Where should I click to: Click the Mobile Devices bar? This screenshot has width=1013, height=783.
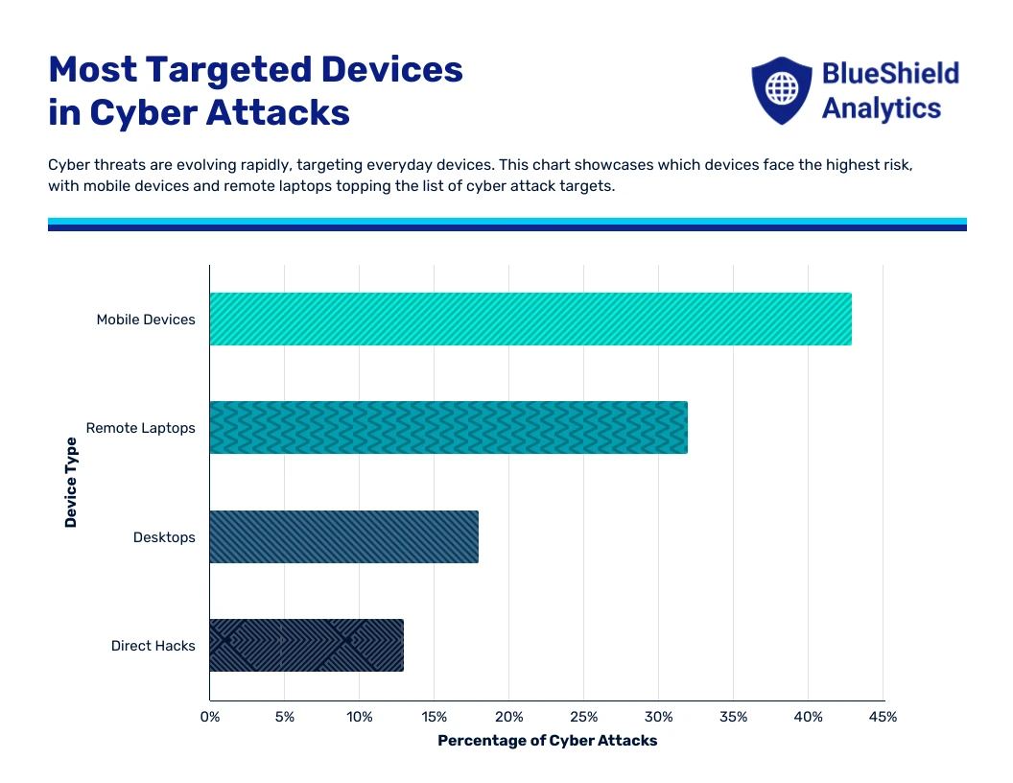pyautogui.click(x=530, y=319)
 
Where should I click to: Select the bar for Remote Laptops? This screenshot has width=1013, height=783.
pyautogui.click(x=448, y=428)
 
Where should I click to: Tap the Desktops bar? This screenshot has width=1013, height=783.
pyautogui.click(x=343, y=537)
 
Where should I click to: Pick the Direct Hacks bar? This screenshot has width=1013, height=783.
pyautogui.click(x=306, y=646)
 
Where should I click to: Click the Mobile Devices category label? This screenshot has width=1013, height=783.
pyautogui.click(x=146, y=320)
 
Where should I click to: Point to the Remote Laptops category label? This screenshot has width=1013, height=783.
pyautogui.click(x=140, y=428)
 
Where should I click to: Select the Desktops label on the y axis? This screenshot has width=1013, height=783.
pyautogui.click(x=164, y=537)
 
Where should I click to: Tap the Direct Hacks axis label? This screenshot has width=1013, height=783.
pyautogui.click(x=153, y=646)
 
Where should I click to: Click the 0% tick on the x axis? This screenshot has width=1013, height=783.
pyautogui.click(x=209, y=717)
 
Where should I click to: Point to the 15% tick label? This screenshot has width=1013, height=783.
pyautogui.click(x=434, y=717)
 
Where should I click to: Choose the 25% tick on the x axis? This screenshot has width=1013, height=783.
pyautogui.click(x=583, y=717)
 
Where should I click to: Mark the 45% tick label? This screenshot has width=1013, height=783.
pyautogui.click(x=883, y=717)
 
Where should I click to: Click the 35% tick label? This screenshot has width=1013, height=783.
pyautogui.click(x=733, y=717)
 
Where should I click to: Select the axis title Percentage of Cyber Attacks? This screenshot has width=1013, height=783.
pyautogui.click(x=547, y=741)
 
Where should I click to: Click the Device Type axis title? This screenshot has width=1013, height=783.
pyautogui.click(x=71, y=482)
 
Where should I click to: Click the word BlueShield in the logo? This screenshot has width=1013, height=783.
pyautogui.click(x=890, y=73)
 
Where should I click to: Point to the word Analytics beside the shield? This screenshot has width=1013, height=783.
pyautogui.click(x=881, y=107)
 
